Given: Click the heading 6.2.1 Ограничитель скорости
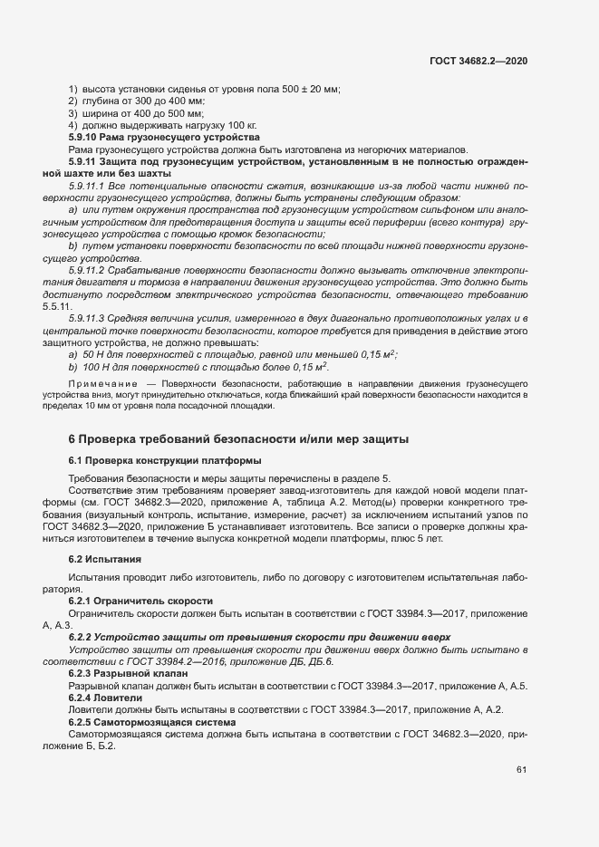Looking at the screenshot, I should (x=140, y=601).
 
